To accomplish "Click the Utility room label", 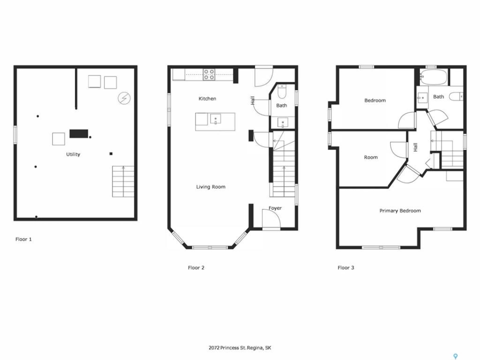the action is pos(73,154).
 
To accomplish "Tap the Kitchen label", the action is pos(207,98).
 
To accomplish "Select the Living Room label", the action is pos(210,186).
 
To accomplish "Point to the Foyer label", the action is pos(275,208).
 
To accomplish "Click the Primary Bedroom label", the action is pos(400,210).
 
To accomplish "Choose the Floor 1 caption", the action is pos(23,239).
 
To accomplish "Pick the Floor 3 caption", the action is pos(346,267).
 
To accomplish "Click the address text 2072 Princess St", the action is pos(228,348).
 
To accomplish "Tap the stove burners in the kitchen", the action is pos(209,74).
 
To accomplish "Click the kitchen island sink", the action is pos(215,119).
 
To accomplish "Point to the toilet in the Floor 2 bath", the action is pos(281,91).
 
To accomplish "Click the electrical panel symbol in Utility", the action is pos(124,98).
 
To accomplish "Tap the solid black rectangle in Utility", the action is pos(78,134).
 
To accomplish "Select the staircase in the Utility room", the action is pos(123,181).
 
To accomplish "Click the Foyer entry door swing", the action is pos(271,218).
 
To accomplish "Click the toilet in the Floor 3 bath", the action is pos(456,96).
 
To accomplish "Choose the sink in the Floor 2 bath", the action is pos(282,123).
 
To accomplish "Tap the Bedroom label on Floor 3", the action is pos(375,100).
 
